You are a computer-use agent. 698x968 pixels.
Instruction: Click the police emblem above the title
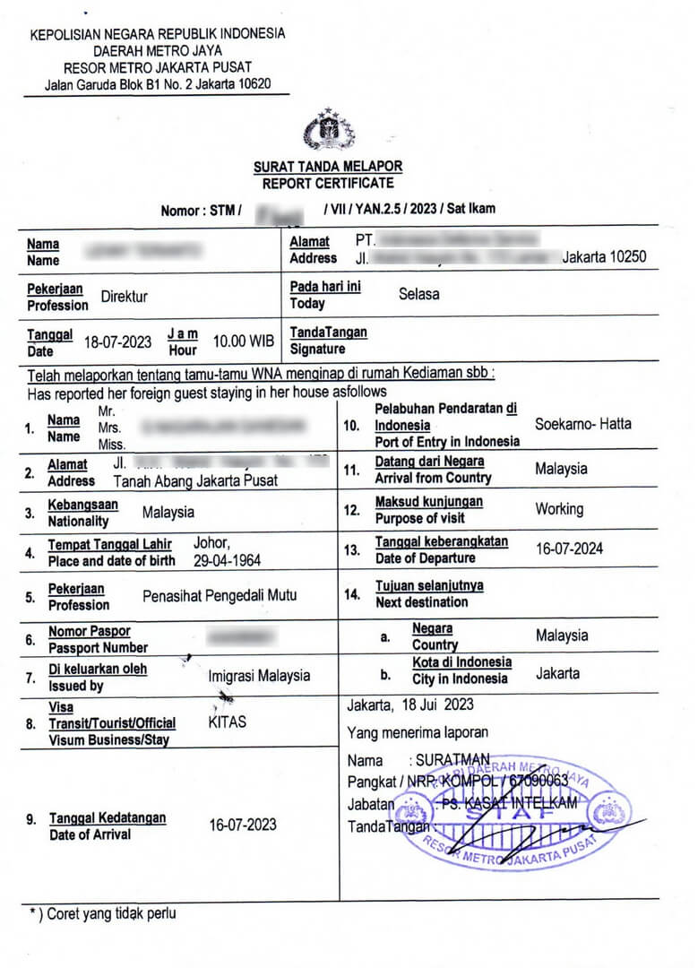329,131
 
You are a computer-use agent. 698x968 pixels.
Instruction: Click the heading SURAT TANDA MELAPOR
328,167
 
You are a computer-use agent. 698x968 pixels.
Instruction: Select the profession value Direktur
125,297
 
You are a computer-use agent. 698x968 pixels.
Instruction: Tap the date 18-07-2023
117,341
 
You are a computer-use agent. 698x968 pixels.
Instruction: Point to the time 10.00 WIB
243,341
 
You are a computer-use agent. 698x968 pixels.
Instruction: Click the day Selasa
418,293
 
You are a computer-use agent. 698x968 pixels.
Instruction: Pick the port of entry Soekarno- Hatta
582,424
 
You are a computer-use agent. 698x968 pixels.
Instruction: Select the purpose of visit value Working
559,509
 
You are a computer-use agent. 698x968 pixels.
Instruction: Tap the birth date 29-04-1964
228,559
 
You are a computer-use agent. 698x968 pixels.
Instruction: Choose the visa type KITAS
227,721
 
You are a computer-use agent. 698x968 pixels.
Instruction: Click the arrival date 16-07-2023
243,825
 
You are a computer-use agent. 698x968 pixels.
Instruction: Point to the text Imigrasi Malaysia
259,676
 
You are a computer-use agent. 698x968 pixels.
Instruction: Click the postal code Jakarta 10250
604,257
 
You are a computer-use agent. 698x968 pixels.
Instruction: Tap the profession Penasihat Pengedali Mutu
220,595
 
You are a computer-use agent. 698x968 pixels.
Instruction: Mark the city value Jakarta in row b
557,673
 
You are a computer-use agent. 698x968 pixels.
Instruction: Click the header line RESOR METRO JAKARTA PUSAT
157,67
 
